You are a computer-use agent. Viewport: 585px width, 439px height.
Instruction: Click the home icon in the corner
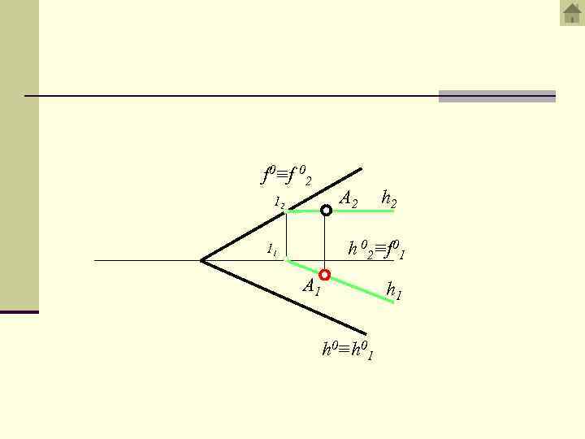coord(572,13)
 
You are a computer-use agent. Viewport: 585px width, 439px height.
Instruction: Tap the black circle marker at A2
coord(326,211)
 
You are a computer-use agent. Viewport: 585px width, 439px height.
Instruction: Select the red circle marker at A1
coord(325,275)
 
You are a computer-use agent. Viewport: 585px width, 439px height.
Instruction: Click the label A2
coord(349,198)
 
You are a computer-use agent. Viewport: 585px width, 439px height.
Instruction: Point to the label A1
coord(311,286)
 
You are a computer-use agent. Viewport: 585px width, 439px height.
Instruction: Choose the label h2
coord(389,198)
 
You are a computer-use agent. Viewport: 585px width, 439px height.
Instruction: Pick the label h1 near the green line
coord(394,290)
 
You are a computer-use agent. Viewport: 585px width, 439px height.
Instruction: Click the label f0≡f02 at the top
coord(286,175)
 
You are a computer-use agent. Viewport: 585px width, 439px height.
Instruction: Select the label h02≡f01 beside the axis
coord(376,249)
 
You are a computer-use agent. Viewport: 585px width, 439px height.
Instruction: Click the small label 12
coord(279,201)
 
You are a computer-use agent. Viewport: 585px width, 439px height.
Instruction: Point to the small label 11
coord(273,250)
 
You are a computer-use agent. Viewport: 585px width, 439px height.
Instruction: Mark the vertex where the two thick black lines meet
coord(201,260)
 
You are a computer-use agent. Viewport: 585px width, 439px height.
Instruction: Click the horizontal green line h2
coord(366,211)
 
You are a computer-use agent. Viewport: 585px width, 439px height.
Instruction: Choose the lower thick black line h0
coord(284,298)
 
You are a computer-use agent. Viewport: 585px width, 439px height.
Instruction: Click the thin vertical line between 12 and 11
coord(286,236)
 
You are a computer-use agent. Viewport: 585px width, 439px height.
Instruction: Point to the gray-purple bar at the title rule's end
coord(496,96)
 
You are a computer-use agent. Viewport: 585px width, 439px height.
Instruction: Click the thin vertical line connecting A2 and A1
coord(325,242)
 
